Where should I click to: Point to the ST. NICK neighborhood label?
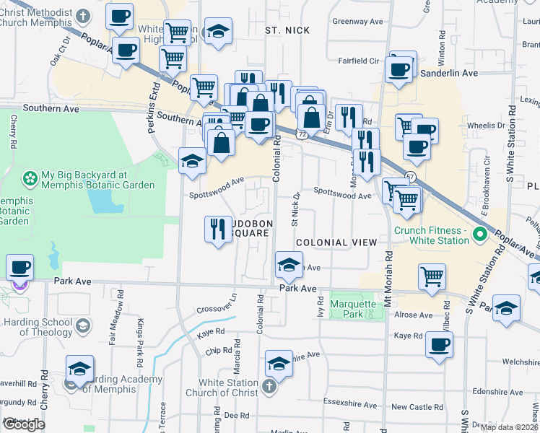(x=287, y=30)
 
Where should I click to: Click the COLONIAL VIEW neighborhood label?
(x=336, y=242)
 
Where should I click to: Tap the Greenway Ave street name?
(x=357, y=22)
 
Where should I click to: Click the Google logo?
(x=24, y=424)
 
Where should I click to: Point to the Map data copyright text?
(x=510, y=427)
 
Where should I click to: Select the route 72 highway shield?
(x=302, y=135)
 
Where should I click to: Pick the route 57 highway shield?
(x=410, y=177)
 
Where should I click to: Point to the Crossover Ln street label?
(x=217, y=305)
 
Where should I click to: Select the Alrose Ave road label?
(x=412, y=315)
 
